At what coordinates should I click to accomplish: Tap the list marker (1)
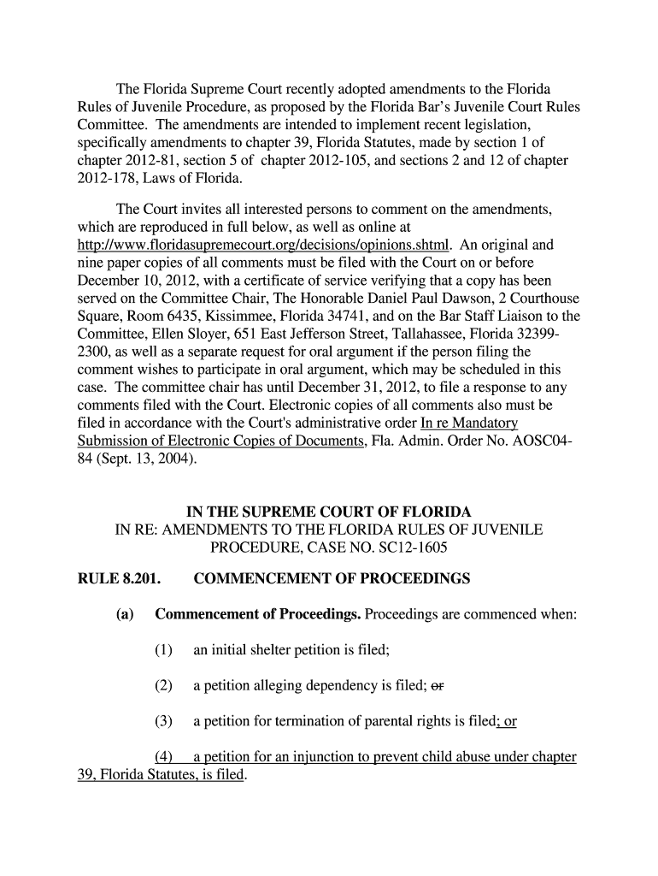click(x=164, y=651)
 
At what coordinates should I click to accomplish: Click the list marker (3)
click(x=164, y=721)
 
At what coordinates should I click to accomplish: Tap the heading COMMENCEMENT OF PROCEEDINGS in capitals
click(x=332, y=579)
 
